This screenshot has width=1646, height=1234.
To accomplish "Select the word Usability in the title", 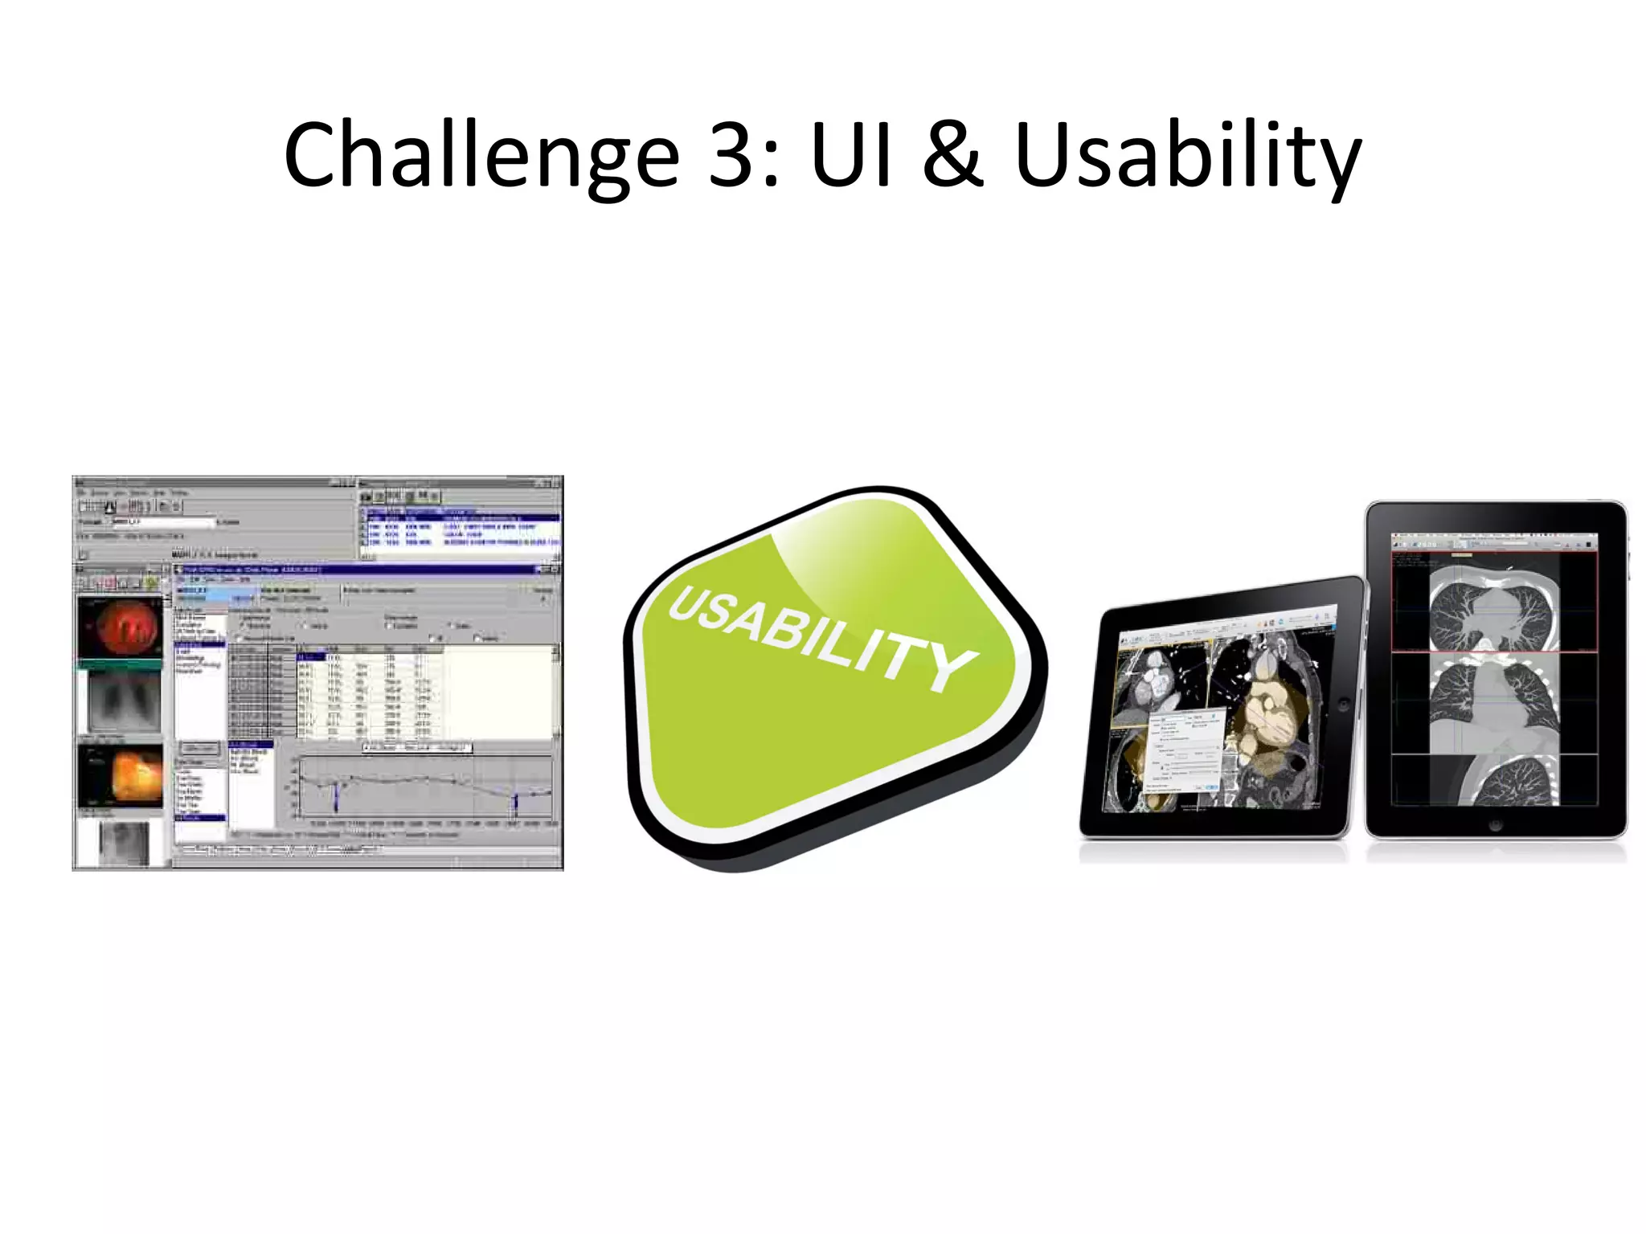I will pos(1187,154).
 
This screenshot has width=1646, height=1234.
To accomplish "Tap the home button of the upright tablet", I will pos(1495,825).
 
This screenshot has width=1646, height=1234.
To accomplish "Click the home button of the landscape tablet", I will pos(1344,705).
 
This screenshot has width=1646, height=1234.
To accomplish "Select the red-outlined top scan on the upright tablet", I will pos(1493,601).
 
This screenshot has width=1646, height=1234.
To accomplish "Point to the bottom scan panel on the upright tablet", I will pos(1493,780).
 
